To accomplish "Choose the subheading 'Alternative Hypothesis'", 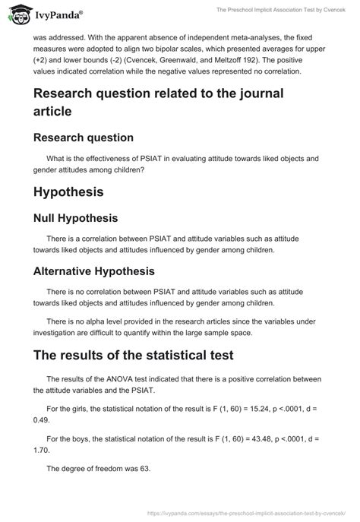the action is click(x=94, y=270).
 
